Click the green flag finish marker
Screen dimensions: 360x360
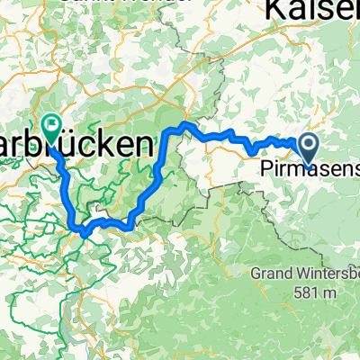click(50, 131)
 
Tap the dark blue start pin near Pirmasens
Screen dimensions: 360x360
click(307, 148)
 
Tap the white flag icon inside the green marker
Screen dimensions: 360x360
click(50, 128)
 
